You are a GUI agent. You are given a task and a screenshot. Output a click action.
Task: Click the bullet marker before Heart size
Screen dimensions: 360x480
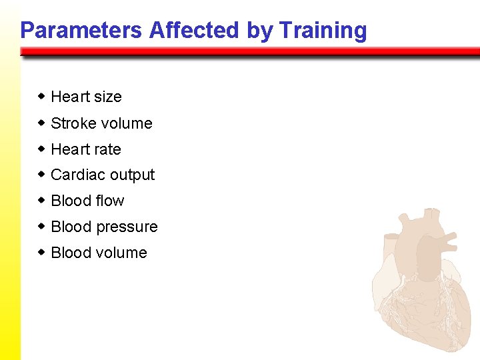point(41,97)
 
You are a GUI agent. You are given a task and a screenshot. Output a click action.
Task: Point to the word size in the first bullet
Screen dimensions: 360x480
point(107,97)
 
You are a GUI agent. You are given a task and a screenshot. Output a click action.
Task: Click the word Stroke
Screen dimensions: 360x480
point(71,123)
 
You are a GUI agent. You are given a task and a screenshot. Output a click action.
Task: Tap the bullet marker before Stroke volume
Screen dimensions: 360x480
point(41,123)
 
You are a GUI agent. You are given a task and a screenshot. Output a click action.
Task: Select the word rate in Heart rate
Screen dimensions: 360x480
point(107,149)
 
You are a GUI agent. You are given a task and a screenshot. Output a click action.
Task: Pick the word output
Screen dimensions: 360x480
point(131,175)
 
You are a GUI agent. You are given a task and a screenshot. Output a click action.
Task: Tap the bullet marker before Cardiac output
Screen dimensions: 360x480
point(41,175)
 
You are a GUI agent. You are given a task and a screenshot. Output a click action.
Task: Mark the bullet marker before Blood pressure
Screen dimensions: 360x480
point(41,227)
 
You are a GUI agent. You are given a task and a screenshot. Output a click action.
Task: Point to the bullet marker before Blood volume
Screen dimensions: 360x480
point(41,253)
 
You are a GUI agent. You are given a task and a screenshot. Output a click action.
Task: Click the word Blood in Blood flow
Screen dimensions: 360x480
point(70,201)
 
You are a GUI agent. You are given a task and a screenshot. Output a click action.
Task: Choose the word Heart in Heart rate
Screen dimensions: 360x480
point(70,149)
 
